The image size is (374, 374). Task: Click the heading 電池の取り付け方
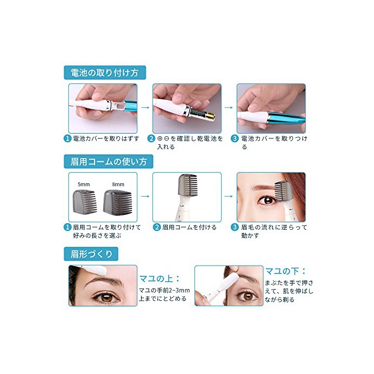click(x=105, y=73)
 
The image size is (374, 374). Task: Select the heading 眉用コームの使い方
click(x=108, y=162)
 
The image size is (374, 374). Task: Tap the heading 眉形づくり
click(x=91, y=254)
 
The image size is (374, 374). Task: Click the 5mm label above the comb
click(x=84, y=184)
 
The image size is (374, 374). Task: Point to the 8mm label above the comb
click(x=118, y=184)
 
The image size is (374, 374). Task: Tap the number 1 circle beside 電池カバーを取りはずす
click(x=67, y=138)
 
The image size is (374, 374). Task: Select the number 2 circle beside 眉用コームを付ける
click(x=157, y=227)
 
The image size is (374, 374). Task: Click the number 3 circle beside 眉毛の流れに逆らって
click(x=235, y=227)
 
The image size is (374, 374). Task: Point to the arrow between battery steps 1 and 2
click(x=145, y=107)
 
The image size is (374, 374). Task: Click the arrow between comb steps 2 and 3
click(x=229, y=196)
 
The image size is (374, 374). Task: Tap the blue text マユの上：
click(x=159, y=278)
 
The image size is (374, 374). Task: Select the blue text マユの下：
click(x=285, y=271)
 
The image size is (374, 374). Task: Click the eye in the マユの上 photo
click(x=106, y=297)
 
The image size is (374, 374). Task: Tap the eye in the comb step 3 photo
click(x=268, y=200)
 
